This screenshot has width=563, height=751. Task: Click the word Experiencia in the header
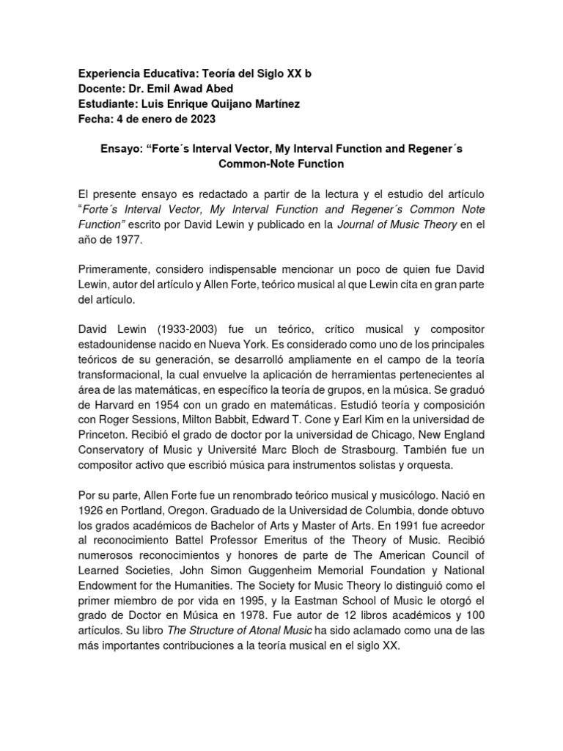(x=111, y=75)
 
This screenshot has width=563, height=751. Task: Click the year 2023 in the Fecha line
(x=201, y=120)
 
